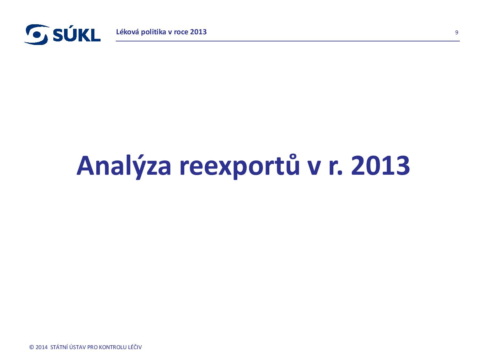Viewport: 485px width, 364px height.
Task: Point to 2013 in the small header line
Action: [199, 32]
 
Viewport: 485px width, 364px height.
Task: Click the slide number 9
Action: [457, 32]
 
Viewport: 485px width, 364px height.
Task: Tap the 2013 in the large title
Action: [381, 166]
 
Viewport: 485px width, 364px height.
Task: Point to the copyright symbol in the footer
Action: [32, 347]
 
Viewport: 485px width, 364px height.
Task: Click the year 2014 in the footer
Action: [41, 347]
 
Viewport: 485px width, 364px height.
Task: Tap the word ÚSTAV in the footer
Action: [77, 347]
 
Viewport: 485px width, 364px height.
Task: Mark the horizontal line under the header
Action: [288, 41]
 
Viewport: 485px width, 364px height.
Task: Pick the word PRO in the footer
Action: [92, 347]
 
